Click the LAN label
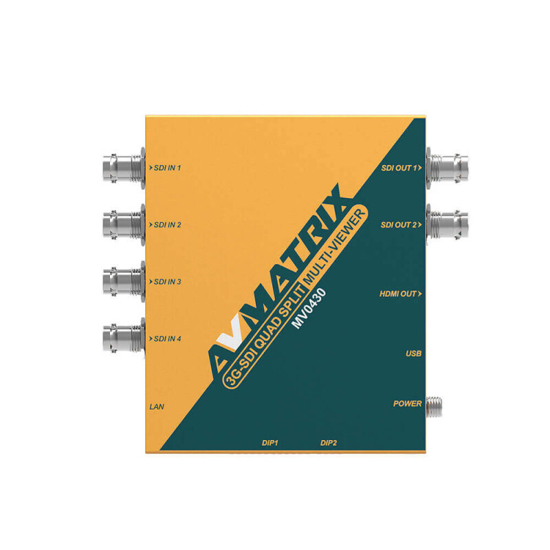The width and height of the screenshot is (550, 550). [157, 407]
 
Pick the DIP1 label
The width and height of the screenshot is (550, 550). [270, 443]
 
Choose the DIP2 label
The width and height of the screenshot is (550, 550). [329, 443]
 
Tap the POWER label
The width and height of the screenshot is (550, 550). [408, 404]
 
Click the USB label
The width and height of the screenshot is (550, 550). [414, 353]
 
